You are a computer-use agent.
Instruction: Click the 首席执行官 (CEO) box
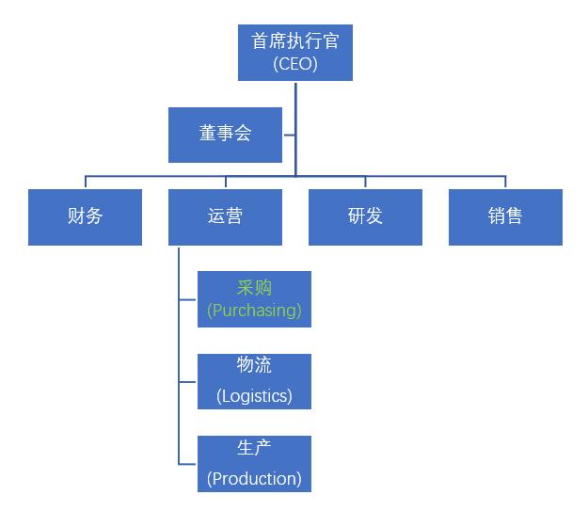click(x=295, y=53)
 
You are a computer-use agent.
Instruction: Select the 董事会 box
click(x=225, y=135)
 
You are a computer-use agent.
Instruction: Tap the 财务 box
click(x=85, y=216)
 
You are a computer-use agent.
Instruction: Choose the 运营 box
click(x=225, y=216)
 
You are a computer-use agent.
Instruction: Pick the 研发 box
click(x=365, y=216)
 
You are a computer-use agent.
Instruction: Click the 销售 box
click(x=505, y=216)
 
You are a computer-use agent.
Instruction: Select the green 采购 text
click(x=254, y=288)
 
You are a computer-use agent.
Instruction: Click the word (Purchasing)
click(x=254, y=310)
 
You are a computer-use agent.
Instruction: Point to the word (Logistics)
click(x=254, y=395)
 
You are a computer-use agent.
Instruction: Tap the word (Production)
click(x=254, y=478)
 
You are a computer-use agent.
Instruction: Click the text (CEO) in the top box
click(x=295, y=64)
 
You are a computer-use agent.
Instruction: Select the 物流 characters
click(x=254, y=365)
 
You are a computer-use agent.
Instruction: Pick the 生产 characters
click(x=254, y=447)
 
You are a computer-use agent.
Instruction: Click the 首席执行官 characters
click(x=295, y=41)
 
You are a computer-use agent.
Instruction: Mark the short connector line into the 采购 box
click(x=188, y=299)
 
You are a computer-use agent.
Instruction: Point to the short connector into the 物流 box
click(x=188, y=381)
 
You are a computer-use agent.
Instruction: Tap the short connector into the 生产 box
click(x=188, y=463)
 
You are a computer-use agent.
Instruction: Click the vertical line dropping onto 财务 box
click(x=86, y=183)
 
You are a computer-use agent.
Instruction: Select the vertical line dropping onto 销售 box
click(x=505, y=183)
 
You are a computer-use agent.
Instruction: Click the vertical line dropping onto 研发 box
click(x=365, y=183)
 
